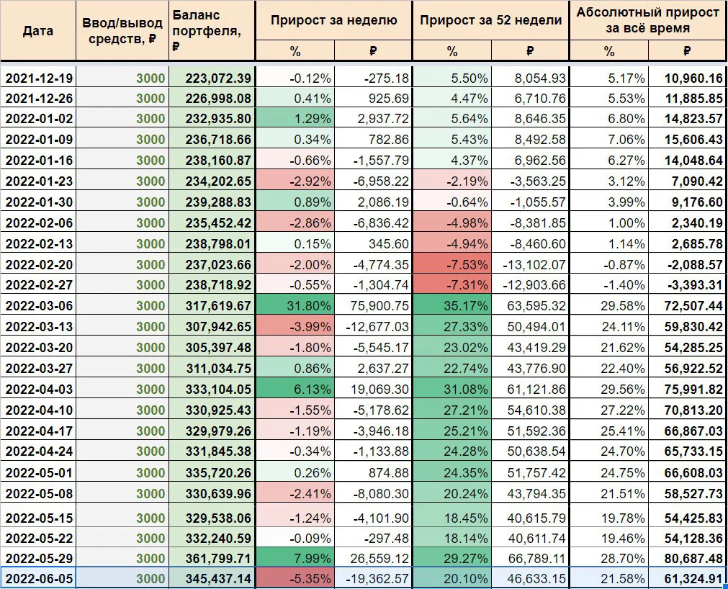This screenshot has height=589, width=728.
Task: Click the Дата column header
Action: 38,31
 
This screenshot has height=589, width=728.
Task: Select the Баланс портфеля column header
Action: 207,31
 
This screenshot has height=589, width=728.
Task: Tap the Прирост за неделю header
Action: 334,20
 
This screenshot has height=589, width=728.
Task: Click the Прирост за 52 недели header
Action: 491,20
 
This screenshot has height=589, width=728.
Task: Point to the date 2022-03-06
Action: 40,306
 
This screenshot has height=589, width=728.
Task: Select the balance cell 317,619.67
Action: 218,306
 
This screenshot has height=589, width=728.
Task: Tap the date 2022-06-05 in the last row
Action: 40,579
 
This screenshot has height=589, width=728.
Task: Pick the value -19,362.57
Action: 377,579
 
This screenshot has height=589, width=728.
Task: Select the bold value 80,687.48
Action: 693,558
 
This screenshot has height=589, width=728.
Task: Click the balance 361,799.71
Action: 218,558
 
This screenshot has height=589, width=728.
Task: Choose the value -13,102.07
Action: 534,264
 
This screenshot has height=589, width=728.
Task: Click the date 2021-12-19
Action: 40,78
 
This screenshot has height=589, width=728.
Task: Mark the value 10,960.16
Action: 693,78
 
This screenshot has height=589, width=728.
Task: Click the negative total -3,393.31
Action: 695,285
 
